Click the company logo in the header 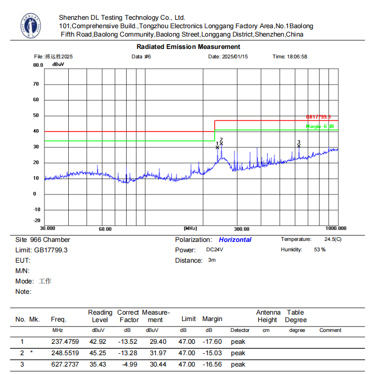tap(31, 26)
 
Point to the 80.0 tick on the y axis tap(38, 65)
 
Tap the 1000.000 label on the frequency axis tap(336, 229)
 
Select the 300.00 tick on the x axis tap(241, 229)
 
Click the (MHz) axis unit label tap(190, 229)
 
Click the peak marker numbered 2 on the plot tap(221, 143)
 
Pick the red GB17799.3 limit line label tap(318, 117)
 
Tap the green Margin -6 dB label tap(320, 127)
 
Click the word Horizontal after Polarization tap(235, 240)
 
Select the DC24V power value tap(215, 250)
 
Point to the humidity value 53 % tap(320, 250)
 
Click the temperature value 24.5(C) tap(332, 239)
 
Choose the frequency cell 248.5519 tap(65, 353)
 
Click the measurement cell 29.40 tap(152, 342)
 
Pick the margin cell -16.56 tap(209, 365)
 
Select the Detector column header tap(240, 330)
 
